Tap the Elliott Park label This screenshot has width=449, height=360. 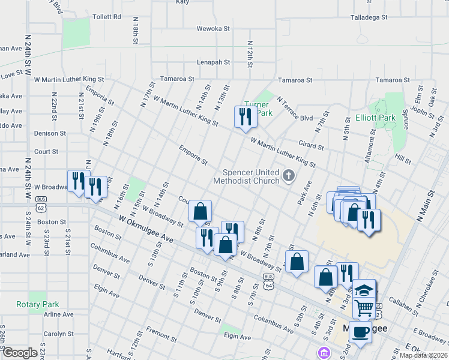[375, 118]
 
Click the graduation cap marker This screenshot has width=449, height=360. [363, 290]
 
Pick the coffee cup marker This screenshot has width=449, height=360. [360, 331]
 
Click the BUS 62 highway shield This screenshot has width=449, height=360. [40, 205]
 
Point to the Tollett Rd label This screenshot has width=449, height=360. [108, 17]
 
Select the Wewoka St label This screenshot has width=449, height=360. [213, 28]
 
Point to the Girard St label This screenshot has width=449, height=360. [311, 145]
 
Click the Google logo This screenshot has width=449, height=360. [20, 353]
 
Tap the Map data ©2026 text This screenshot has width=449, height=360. [423, 355]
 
